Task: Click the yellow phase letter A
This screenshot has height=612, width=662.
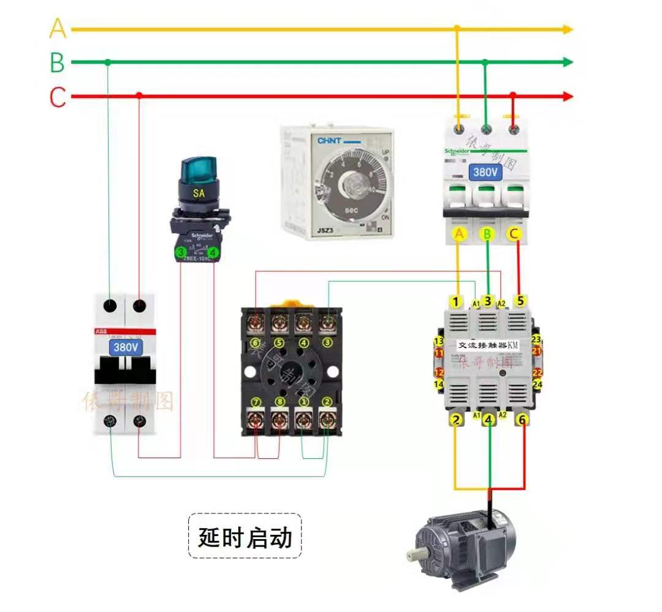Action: click(x=58, y=28)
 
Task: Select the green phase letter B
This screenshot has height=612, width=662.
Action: click(x=57, y=62)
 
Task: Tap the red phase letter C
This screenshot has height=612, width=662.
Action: click(x=58, y=97)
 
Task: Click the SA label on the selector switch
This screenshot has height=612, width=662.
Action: click(x=199, y=194)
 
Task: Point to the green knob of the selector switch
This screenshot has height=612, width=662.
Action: click(x=197, y=168)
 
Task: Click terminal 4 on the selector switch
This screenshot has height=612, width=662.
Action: click(x=213, y=252)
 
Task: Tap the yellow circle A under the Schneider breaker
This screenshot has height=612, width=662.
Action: click(x=459, y=233)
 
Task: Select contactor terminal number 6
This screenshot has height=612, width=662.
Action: click(x=522, y=420)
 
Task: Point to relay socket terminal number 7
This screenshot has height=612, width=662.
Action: click(x=256, y=402)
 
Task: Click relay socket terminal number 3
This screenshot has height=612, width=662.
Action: click(x=328, y=342)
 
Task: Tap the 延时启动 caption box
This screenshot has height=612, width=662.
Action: click(x=245, y=537)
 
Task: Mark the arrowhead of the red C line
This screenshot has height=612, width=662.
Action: click(x=568, y=97)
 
